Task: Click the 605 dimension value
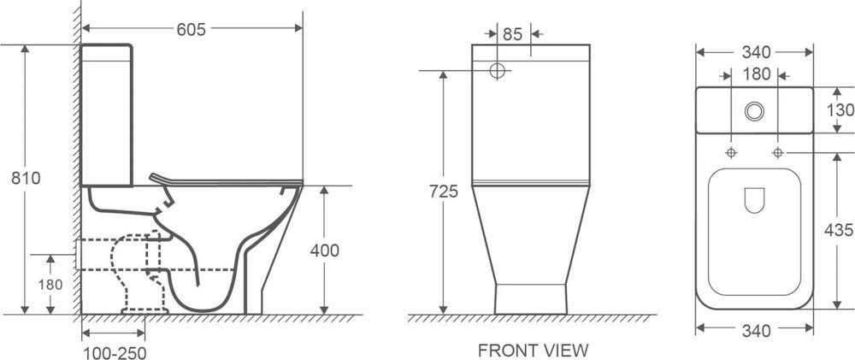pyautogui.click(x=191, y=29)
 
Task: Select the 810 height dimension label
pyautogui.click(x=27, y=178)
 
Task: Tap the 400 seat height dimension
pyautogui.click(x=324, y=251)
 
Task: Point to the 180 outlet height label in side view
pyautogui.click(x=50, y=284)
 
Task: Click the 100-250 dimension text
pyautogui.click(x=115, y=353)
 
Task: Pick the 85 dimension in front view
pyautogui.click(x=512, y=34)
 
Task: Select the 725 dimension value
pyautogui.click(x=443, y=192)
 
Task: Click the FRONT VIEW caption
pyautogui.click(x=534, y=350)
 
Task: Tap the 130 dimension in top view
pyautogui.click(x=840, y=110)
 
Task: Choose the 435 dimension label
pyautogui.click(x=840, y=230)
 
